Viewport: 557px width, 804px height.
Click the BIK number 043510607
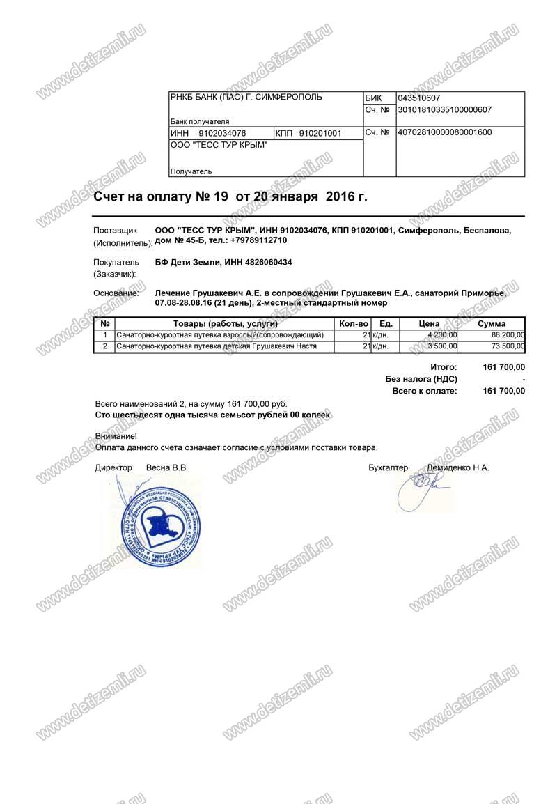[418, 98]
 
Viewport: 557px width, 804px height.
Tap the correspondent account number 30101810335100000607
[444, 109]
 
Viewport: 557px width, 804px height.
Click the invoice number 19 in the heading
[221, 196]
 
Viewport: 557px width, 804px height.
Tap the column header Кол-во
[353, 324]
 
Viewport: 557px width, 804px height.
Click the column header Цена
[429, 324]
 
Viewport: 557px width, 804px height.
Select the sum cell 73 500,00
[508, 346]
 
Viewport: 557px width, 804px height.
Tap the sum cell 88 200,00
[508, 335]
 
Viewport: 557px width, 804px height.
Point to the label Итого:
[443, 366]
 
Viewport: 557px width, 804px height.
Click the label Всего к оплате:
[425, 391]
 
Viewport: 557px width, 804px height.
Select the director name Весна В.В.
[167, 467]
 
